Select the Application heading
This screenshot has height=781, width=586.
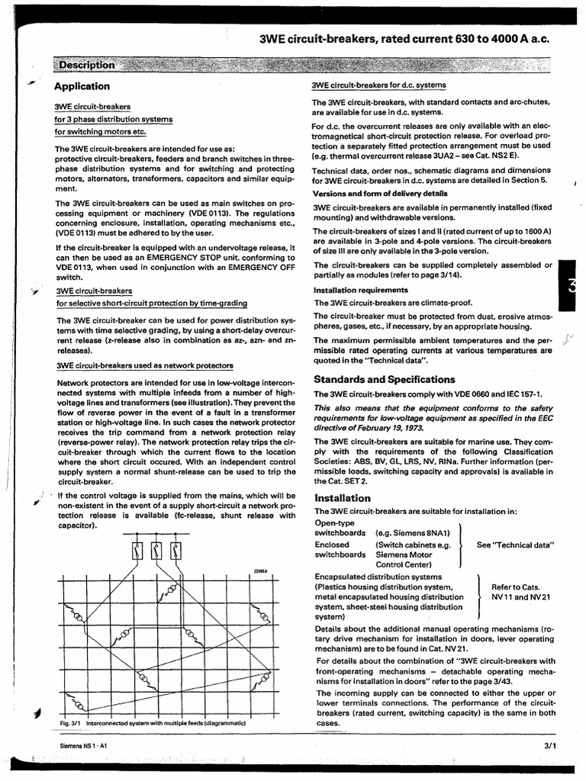82,86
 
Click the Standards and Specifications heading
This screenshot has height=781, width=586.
385,380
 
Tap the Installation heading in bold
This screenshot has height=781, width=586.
342,498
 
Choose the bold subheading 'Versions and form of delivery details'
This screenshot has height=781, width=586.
380,194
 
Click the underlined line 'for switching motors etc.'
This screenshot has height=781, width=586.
100,131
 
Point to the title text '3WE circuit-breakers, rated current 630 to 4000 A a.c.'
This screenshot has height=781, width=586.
404,40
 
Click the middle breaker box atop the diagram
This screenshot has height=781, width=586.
156,551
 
